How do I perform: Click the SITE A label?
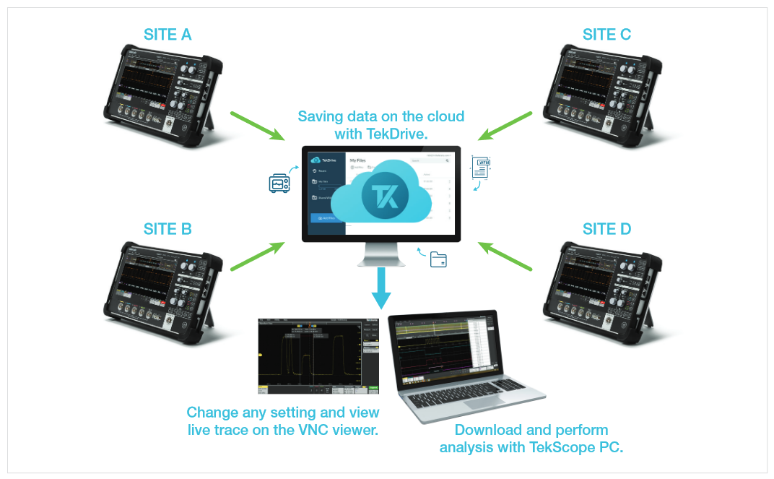pyautogui.click(x=168, y=33)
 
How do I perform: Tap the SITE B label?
pyautogui.click(x=168, y=229)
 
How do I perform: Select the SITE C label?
pyautogui.click(x=606, y=33)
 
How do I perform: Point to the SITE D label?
pyautogui.click(x=606, y=229)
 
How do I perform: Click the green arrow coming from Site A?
pyautogui.click(x=258, y=126)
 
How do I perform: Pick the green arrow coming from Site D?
pyautogui.click(x=505, y=256)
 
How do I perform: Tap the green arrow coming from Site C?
pyautogui.click(x=505, y=124)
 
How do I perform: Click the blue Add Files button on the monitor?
pyautogui.click(x=326, y=217)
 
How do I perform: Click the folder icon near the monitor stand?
pyautogui.click(x=438, y=259)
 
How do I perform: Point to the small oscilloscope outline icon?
pyautogui.click(x=279, y=184)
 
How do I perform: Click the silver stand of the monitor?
pyautogui.click(x=381, y=253)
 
